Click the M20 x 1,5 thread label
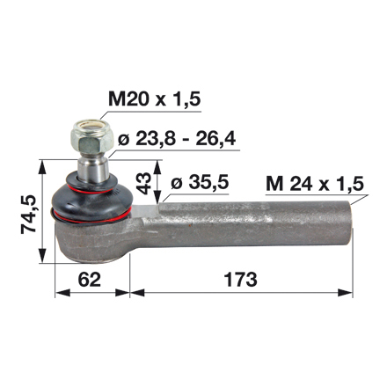(155, 99)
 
